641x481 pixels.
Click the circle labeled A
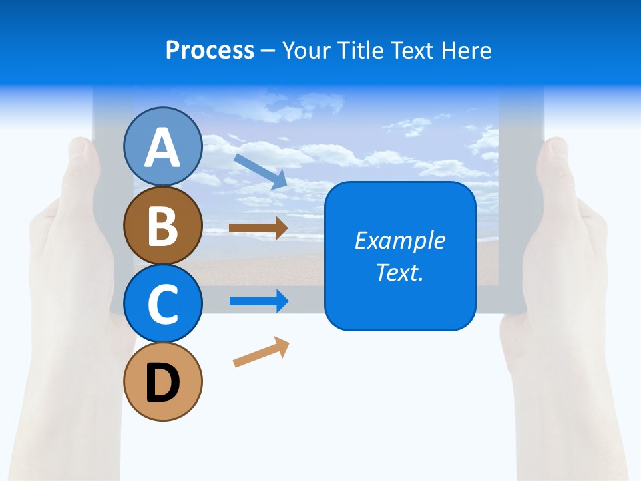point(162,146)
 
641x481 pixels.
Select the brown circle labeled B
point(162,225)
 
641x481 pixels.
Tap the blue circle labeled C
point(162,304)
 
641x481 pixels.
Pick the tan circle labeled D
point(162,382)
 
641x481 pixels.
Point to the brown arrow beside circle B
point(258,228)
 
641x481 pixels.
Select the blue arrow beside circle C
point(259,301)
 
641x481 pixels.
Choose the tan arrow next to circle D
point(261,352)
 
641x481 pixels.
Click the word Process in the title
point(210,51)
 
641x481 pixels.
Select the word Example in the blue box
point(399,240)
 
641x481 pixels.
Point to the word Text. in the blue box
point(399,272)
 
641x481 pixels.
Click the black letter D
point(162,383)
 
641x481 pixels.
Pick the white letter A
point(162,148)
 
